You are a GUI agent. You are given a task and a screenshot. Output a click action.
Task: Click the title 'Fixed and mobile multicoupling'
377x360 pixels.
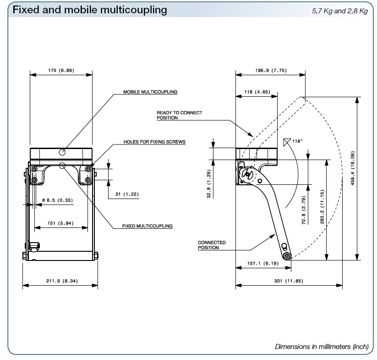90,10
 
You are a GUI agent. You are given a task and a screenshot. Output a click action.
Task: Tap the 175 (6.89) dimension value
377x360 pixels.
61,71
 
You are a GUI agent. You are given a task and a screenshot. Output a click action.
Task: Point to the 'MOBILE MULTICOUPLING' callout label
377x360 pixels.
150,92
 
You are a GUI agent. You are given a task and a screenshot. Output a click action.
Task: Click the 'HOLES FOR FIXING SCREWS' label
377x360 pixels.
154,142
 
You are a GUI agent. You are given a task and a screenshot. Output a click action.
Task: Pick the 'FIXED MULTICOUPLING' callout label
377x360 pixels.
148,226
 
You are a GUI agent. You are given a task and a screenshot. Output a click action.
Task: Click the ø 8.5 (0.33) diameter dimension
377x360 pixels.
57,200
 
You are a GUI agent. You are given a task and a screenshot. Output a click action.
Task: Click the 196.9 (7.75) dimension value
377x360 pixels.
270,71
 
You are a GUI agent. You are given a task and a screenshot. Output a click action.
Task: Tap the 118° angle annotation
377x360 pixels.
297,141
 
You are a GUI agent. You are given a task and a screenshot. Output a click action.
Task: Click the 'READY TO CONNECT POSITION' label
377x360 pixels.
179,115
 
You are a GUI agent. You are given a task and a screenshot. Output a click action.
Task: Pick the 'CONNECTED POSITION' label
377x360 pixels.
212,245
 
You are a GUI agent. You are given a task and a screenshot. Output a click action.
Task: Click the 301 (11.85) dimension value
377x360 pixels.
289,281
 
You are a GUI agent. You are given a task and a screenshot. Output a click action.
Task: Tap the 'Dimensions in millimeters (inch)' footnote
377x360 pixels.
322,347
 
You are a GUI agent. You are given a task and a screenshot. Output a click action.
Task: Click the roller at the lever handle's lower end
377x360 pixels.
287,255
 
